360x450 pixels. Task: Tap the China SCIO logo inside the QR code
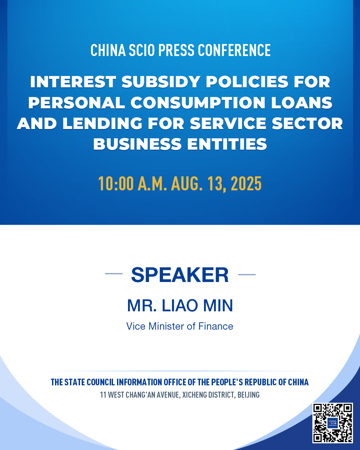pyautogui.click(x=333, y=423)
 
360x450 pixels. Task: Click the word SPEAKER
pyautogui.click(x=180, y=275)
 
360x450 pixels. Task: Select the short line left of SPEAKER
pyautogui.click(x=114, y=274)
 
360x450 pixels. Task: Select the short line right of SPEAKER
pyautogui.click(x=247, y=275)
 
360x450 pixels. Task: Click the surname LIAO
pyautogui.click(x=180, y=306)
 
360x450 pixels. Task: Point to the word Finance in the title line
pyautogui.click(x=216, y=326)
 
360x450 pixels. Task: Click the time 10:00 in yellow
pyautogui.click(x=116, y=184)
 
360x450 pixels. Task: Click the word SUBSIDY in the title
pyautogui.click(x=161, y=82)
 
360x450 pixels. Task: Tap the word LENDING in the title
pyautogui.click(x=102, y=123)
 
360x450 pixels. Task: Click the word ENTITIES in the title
pyautogui.click(x=227, y=144)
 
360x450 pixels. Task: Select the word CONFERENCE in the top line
pyautogui.click(x=234, y=50)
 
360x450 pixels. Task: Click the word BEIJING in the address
pyautogui.click(x=249, y=395)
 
